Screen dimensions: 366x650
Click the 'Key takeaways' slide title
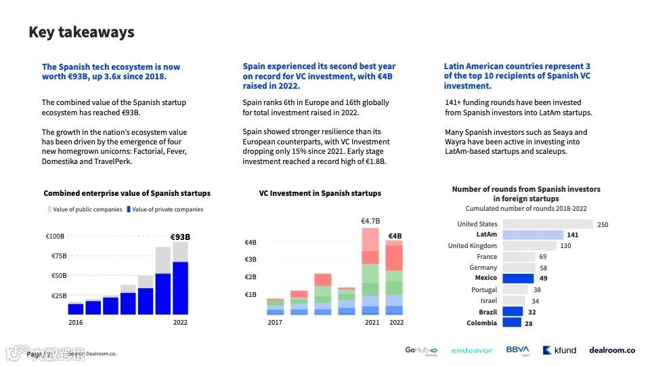(x=81, y=32)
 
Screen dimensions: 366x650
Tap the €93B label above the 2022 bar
(x=179, y=237)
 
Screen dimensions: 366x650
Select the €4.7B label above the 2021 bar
(x=370, y=221)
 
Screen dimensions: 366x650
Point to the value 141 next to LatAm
(x=573, y=235)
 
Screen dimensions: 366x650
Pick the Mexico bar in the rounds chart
(x=517, y=278)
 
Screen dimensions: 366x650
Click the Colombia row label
(x=481, y=323)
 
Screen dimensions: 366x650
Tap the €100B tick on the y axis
(x=55, y=237)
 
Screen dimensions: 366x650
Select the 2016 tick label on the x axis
(x=76, y=323)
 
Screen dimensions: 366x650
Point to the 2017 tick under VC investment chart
(x=275, y=323)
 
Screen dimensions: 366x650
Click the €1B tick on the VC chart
(x=251, y=295)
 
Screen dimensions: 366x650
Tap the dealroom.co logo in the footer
(x=612, y=350)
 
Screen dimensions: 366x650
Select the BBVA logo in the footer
(x=518, y=350)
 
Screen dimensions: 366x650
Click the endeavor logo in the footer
(x=472, y=350)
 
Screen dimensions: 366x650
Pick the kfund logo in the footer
(x=560, y=350)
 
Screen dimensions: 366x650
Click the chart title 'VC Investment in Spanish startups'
(x=320, y=193)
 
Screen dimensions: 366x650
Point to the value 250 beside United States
(x=603, y=224)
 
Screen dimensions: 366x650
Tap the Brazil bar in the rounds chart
(x=513, y=312)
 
